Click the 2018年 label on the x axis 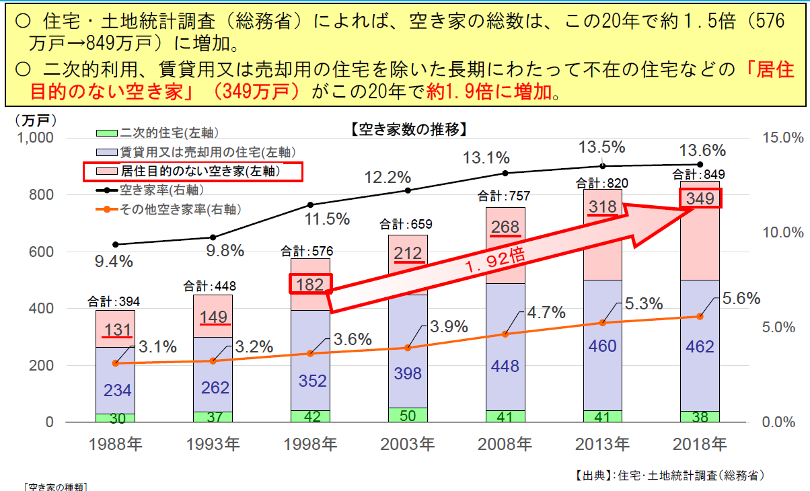pyautogui.click(x=700, y=445)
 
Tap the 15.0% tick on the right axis pyautogui.click(x=783, y=138)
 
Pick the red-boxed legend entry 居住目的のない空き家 pyautogui.click(x=192, y=172)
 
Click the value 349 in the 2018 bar pyautogui.click(x=700, y=198)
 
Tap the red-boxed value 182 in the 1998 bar pyautogui.click(x=311, y=283)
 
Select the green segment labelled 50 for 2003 pyautogui.click(x=408, y=415)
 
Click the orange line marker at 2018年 pyautogui.click(x=700, y=316)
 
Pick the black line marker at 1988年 pyautogui.click(x=115, y=245)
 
